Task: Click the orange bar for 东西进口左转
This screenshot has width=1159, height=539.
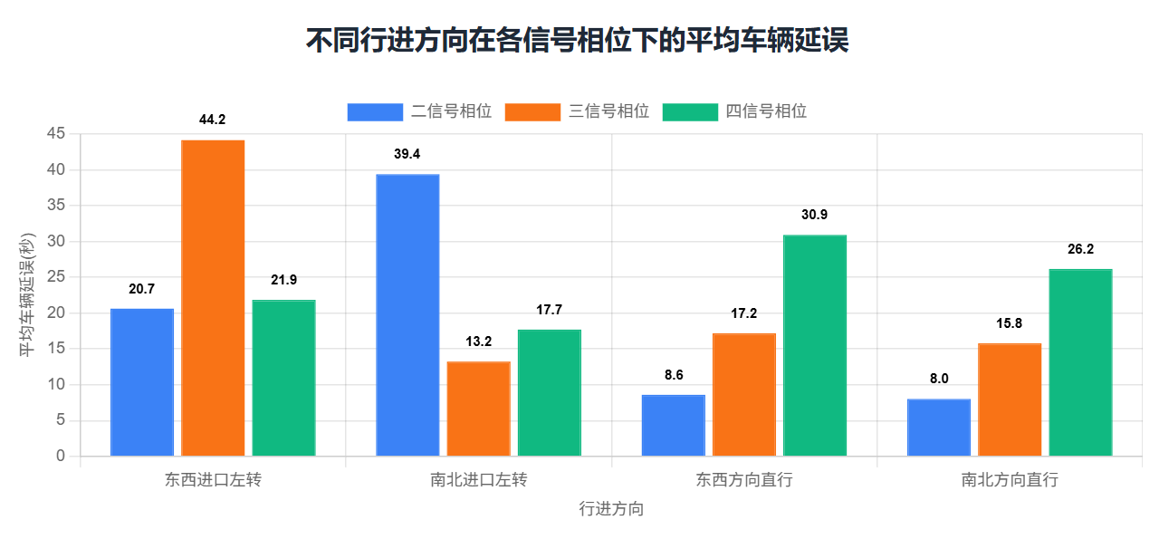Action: (x=213, y=298)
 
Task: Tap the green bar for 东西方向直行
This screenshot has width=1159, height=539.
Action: (x=815, y=345)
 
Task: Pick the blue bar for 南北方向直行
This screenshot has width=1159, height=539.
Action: (x=939, y=428)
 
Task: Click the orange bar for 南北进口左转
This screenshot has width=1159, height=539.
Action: (x=478, y=409)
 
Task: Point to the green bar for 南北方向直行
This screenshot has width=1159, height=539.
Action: (x=1080, y=362)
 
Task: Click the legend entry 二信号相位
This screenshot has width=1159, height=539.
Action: (x=420, y=111)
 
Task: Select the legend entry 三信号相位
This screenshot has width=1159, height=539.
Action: (x=578, y=111)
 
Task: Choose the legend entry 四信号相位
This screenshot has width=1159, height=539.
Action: (x=735, y=111)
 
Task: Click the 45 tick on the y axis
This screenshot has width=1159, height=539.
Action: (x=56, y=134)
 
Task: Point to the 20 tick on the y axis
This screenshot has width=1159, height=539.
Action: (x=56, y=313)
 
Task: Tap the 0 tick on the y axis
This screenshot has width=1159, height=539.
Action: (x=61, y=457)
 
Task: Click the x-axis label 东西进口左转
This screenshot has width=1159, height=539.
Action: (x=213, y=480)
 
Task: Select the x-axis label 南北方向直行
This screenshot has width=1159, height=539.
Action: (x=1010, y=480)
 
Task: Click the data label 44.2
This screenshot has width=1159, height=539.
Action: (x=213, y=120)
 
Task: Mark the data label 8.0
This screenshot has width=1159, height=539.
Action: (x=939, y=379)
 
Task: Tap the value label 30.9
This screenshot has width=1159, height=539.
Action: (x=815, y=215)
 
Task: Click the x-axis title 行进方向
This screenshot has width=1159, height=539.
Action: (x=611, y=509)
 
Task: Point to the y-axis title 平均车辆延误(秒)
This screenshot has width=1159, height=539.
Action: (x=28, y=294)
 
